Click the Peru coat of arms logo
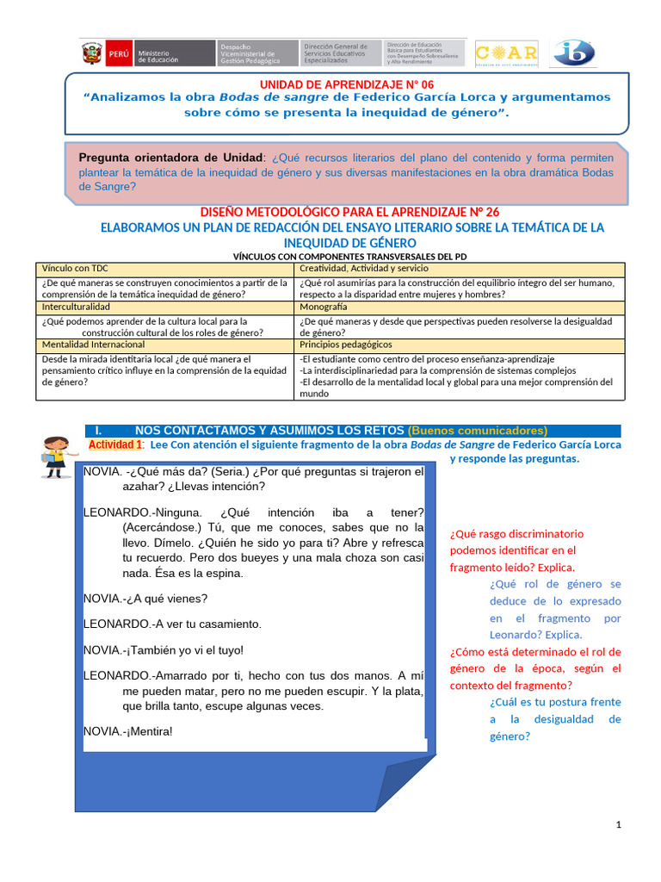click(92, 53)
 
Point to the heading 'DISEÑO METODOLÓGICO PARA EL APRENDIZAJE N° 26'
click(349, 212)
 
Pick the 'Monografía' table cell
click(324, 306)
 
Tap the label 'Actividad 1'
click(115, 444)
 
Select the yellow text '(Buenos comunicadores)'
click(478, 431)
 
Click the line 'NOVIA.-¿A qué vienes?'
click(145, 598)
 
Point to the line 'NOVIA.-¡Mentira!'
click(128, 731)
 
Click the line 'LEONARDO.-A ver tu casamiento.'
click(172, 624)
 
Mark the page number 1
click(618, 826)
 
